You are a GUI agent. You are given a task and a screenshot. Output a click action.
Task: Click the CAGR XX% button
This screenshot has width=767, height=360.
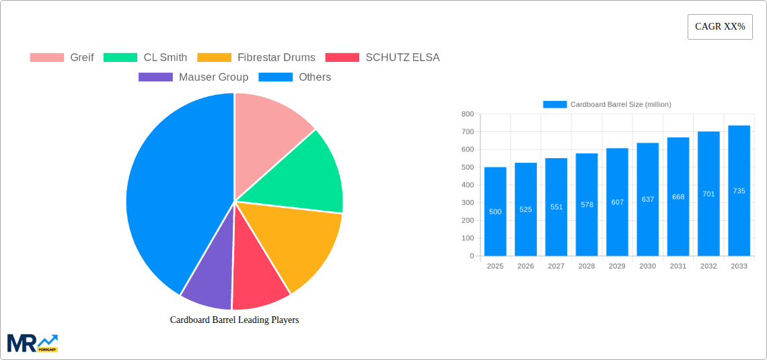tap(719, 27)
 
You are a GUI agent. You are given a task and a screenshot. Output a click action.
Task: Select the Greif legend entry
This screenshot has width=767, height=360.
tap(62, 57)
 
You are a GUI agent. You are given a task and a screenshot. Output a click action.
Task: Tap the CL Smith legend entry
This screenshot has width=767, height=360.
tap(145, 57)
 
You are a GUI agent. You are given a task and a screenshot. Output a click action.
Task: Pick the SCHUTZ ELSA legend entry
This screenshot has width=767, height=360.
tap(382, 57)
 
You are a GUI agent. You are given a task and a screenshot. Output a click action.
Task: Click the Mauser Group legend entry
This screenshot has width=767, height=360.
tap(193, 77)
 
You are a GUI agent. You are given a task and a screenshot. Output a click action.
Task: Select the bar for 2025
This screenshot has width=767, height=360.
tap(495, 211)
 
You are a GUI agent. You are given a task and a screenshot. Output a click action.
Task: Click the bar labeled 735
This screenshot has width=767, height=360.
tap(739, 190)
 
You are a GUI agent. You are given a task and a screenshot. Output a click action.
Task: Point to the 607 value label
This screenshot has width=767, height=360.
tap(617, 202)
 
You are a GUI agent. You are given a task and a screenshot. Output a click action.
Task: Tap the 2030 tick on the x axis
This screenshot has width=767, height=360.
tap(647, 266)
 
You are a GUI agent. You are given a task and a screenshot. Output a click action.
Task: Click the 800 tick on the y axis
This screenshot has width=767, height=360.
tap(468, 114)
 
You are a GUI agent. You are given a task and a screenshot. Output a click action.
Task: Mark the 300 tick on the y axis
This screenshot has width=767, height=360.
tap(468, 203)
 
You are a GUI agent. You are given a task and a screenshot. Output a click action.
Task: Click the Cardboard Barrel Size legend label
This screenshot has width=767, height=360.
tap(620, 104)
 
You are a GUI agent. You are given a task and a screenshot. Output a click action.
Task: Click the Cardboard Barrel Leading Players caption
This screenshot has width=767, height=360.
tap(234, 320)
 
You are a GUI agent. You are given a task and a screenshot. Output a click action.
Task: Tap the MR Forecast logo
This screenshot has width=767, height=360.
tap(32, 343)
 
